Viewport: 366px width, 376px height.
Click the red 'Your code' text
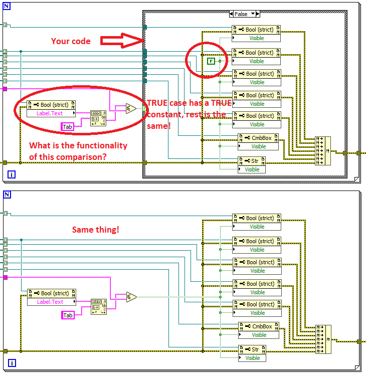(x=71, y=41)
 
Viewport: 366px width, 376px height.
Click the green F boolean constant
(x=211, y=61)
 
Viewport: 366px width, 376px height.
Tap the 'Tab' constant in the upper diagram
(x=67, y=127)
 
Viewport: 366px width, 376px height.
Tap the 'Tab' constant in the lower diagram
(x=68, y=315)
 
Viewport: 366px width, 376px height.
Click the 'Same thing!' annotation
(x=95, y=230)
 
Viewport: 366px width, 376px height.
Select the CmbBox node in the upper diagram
(x=258, y=138)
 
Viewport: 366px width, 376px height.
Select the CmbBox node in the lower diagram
(x=259, y=326)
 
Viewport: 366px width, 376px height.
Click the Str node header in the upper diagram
(x=252, y=161)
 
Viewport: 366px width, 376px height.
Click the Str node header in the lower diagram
(x=252, y=349)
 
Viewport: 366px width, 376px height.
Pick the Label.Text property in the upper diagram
(x=51, y=113)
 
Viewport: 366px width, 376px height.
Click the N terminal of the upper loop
(x=7, y=6)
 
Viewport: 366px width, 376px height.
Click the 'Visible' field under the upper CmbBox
(x=258, y=146)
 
